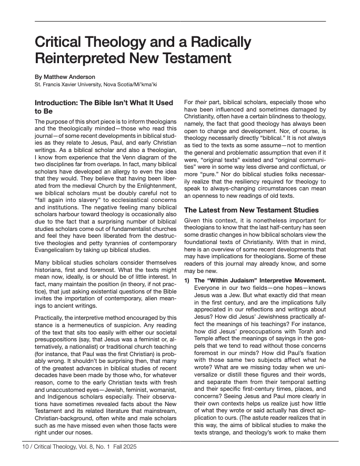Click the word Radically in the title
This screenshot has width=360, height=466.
(209, 42)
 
